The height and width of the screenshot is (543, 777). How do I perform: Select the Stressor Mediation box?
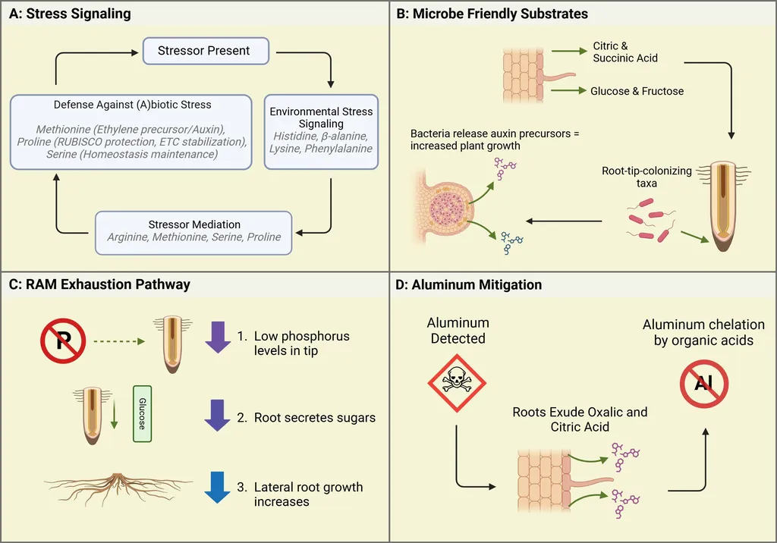coord(194,231)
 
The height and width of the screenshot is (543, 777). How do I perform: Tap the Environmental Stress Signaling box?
coord(321,130)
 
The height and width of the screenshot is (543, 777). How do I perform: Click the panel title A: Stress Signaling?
coord(73,14)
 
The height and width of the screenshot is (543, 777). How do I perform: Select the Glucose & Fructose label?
coord(637,91)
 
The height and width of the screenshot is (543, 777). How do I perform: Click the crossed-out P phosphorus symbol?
coord(63,341)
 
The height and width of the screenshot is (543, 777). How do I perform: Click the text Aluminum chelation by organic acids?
coord(703,332)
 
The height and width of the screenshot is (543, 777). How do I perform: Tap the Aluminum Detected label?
coord(458,331)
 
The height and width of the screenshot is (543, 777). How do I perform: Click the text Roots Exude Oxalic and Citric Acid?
coord(580,420)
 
